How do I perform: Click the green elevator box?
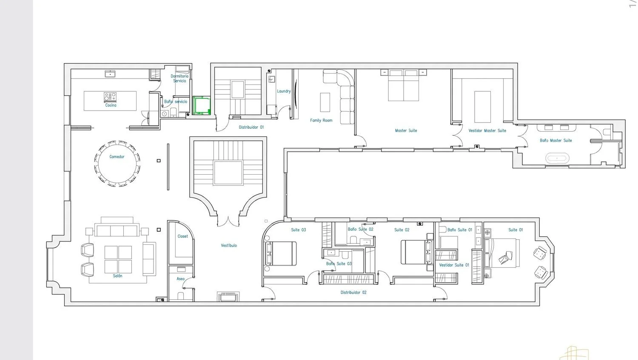(x=202, y=105)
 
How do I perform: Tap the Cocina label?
(x=111, y=105)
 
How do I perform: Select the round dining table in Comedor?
(x=117, y=164)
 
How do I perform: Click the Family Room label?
(x=321, y=120)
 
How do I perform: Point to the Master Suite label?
(x=406, y=130)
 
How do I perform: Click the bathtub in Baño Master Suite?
(x=557, y=158)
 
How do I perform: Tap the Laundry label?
(x=284, y=91)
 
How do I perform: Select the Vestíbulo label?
(x=229, y=245)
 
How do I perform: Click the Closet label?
(x=182, y=236)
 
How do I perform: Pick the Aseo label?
(x=181, y=279)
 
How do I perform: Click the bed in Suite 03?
(x=281, y=254)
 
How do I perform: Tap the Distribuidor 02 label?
(x=353, y=292)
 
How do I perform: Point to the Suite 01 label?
(x=516, y=230)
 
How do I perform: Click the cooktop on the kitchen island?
(x=110, y=97)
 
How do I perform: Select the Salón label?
(x=117, y=276)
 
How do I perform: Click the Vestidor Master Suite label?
(x=487, y=130)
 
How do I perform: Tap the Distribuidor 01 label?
(x=251, y=127)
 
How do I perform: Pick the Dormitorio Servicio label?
(x=179, y=78)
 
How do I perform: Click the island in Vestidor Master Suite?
(x=482, y=107)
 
